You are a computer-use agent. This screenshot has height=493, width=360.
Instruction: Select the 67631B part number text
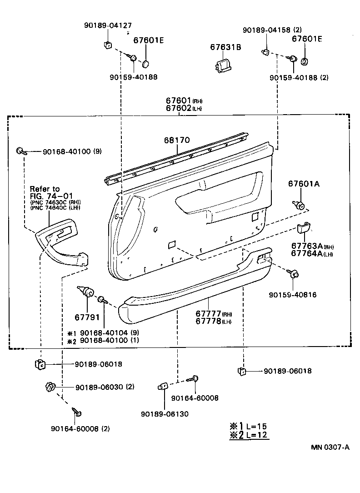pyautogui.click(x=225, y=47)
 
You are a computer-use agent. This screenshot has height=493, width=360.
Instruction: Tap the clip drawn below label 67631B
pyautogui.click(x=223, y=65)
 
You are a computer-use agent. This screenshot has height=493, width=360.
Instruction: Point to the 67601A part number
pyautogui.click(x=304, y=184)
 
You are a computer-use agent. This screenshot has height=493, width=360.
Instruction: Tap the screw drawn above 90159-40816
pyautogui.click(x=293, y=273)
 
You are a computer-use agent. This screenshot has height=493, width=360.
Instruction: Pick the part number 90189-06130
pyautogui.click(x=164, y=414)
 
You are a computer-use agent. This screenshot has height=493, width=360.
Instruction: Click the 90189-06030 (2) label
pyautogui.click(x=105, y=387)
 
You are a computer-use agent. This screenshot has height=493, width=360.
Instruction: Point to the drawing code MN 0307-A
pyautogui.click(x=330, y=447)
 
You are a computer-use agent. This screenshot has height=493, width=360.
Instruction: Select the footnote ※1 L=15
pyautogui.click(x=248, y=426)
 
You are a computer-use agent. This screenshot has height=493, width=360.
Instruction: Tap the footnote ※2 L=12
pyautogui.click(x=248, y=435)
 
